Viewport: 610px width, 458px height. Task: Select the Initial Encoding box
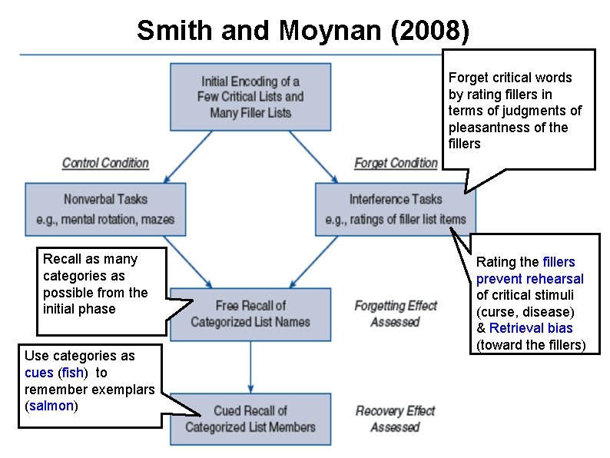pyautogui.click(x=250, y=96)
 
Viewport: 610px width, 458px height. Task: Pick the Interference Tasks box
pyautogui.click(x=396, y=208)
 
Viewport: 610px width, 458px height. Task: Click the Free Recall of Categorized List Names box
pyautogui.click(x=250, y=314)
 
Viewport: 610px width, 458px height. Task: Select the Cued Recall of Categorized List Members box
pyautogui.click(x=250, y=419)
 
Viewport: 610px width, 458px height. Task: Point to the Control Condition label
pyautogui.click(x=105, y=163)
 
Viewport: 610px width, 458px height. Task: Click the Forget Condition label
pyautogui.click(x=395, y=163)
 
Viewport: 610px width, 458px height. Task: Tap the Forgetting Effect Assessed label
pyautogui.click(x=395, y=314)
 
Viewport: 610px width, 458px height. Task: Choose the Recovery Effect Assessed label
pyautogui.click(x=395, y=419)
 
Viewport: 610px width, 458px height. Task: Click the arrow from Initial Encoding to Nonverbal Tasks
pyautogui.click(x=187, y=157)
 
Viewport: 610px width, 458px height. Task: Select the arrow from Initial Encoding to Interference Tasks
pyautogui.click(x=312, y=157)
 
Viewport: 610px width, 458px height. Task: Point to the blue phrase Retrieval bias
pyautogui.click(x=531, y=329)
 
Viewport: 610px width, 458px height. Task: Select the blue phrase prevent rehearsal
pyautogui.click(x=529, y=279)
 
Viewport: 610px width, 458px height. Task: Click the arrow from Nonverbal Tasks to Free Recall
pyautogui.click(x=187, y=261)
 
